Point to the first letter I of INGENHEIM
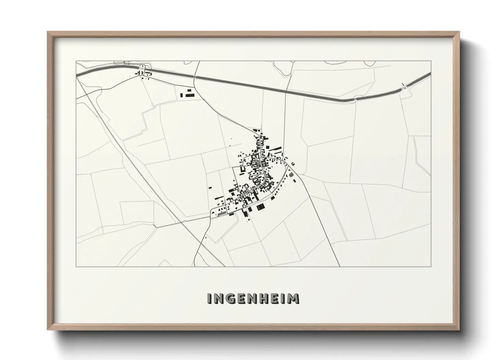click(x=209, y=298)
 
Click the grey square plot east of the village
click(x=291, y=175)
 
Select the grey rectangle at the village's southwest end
click(x=222, y=214)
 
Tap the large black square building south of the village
click(x=261, y=206)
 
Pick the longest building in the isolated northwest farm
click(x=190, y=96)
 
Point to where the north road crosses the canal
click(x=195, y=78)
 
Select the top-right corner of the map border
click(x=431, y=61)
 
